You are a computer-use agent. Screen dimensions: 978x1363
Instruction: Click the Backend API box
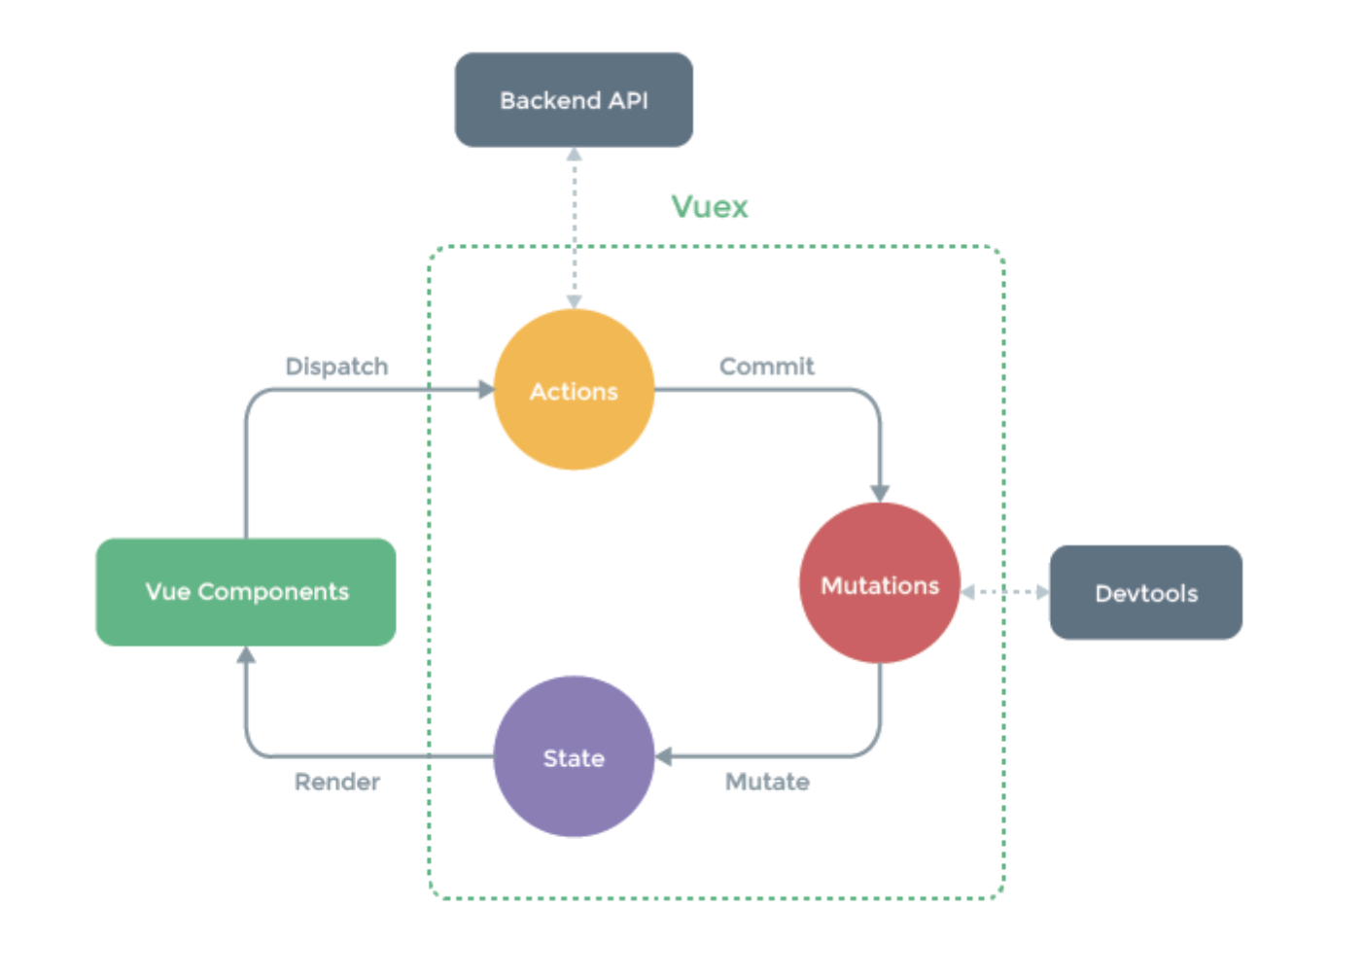(574, 100)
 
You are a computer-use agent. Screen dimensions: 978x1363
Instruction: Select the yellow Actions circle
(574, 390)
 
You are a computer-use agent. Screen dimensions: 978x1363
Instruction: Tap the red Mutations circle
(880, 583)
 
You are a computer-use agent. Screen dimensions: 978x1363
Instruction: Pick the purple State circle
(574, 756)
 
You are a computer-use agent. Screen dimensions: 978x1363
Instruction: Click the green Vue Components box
(246, 591)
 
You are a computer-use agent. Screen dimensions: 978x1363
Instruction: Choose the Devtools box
(1145, 592)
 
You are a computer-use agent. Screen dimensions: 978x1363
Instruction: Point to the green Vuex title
(710, 206)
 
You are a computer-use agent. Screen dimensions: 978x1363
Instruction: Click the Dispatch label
(336, 367)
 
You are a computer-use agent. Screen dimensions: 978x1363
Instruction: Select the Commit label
(766, 367)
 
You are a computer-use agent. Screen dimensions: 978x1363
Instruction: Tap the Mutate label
(767, 782)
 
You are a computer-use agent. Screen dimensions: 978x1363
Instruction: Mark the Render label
(336, 782)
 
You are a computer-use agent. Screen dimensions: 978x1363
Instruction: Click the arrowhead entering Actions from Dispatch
(486, 390)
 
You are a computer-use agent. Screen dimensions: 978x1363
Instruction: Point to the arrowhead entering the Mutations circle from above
(880, 494)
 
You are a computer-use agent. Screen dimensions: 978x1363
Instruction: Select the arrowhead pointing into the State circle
(664, 756)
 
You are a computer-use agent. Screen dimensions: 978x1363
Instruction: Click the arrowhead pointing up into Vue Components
(246, 655)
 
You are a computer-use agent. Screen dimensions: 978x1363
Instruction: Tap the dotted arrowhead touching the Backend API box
(575, 155)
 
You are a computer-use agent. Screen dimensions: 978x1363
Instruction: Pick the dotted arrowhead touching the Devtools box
(1042, 592)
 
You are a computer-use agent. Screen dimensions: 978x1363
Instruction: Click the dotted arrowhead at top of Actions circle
(575, 301)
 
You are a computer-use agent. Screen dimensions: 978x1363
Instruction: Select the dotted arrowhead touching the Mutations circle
(968, 592)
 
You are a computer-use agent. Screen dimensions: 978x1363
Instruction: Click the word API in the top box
(628, 100)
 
